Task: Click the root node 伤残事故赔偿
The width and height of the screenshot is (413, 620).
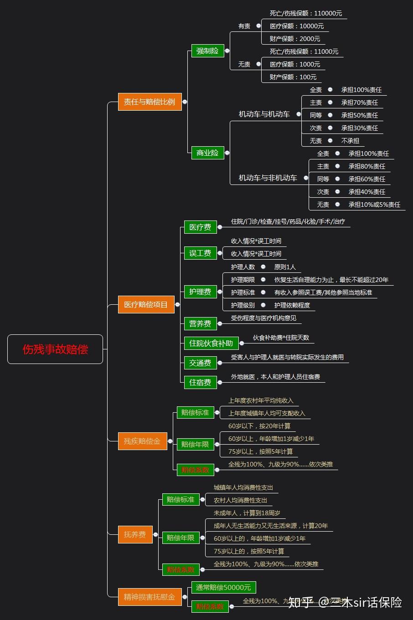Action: click(55, 349)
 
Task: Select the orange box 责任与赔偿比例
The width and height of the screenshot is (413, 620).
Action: click(150, 102)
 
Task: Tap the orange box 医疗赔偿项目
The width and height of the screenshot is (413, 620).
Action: click(146, 304)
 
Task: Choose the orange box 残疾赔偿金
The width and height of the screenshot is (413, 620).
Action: click(142, 441)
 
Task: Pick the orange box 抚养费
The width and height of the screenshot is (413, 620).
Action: click(135, 534)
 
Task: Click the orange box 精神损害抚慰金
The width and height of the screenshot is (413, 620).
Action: click(149, 597)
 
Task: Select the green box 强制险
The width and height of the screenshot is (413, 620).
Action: click(207, 51)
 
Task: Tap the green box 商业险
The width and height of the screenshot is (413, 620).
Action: click(207, 153)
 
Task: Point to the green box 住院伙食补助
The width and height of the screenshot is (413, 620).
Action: click(211, 343)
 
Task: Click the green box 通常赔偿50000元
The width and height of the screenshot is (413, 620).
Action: click(223, 587)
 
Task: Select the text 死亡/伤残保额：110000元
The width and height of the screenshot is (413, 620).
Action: click(305, 14)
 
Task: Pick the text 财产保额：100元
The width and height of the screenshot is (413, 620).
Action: click(293, 77)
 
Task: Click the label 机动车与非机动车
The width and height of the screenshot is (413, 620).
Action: click(268, 178)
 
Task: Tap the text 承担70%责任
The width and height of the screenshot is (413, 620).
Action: click(359, 102)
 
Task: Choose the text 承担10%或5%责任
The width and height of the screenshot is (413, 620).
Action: click(374, 205)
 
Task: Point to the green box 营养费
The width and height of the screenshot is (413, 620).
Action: click(200, 324)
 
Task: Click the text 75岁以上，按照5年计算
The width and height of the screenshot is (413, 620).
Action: click(260, 451)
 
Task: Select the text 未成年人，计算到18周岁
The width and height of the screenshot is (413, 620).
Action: click(247, 513)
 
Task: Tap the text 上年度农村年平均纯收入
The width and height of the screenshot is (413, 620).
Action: click(261, 400)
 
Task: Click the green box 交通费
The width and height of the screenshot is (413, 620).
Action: click(200, 363)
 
